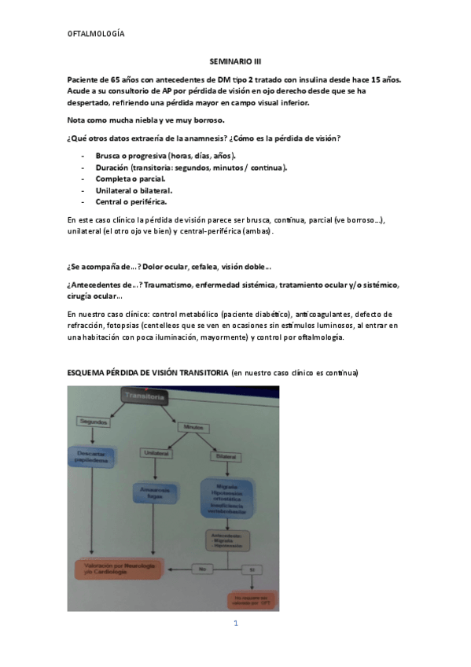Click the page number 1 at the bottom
tap(235, 623)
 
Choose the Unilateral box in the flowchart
tap(158, 453)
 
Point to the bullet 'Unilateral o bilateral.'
tap(134, 190)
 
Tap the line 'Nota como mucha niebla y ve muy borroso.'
tap(146, 119)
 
